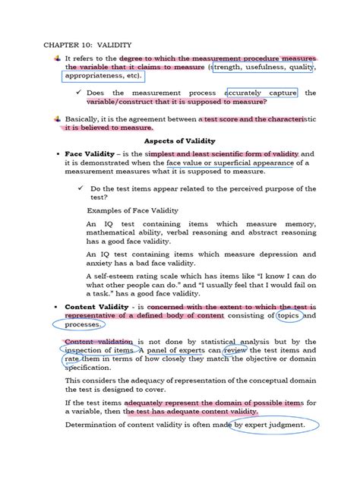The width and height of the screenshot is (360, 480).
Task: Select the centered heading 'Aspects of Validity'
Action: (180, 141)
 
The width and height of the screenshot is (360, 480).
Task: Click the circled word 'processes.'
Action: (84, 324)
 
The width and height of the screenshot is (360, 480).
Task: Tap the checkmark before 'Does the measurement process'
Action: (80, 93)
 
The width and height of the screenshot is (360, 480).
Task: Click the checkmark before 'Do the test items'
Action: (80, 188)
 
